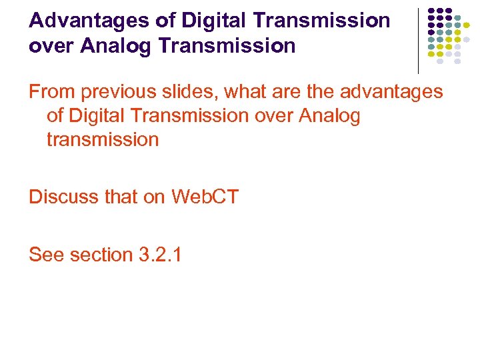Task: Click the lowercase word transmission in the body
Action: click(x=103, y=139)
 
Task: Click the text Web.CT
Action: click(x=205, y=197)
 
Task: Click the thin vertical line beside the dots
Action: click(x=418, y=41)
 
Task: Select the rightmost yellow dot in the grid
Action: click(x=467, y=26)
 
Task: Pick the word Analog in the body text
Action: click(x=329, y=115)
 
